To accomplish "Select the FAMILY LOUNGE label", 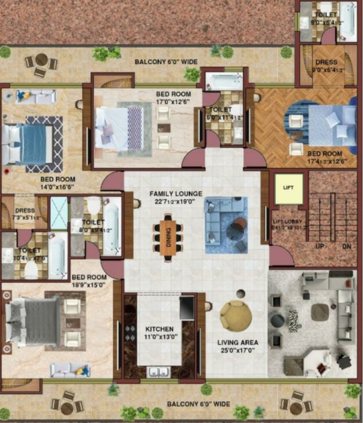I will pyautogui.click(x=176, y=194).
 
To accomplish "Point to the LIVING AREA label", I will pyautogui.click(x=238, y=342).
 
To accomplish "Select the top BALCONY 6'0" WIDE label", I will pyautogui.click(x=166, y=62).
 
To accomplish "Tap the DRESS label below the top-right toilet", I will pyautogui.click(x=325, y=62).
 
